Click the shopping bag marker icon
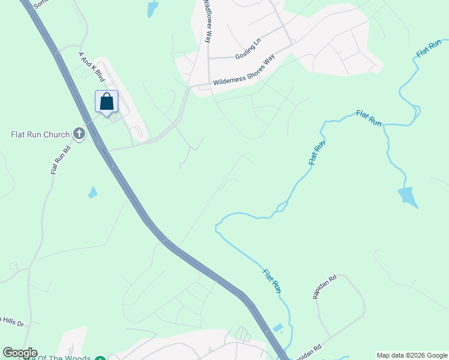point(107,102)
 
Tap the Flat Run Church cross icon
point(79,133)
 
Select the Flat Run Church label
point(40,134)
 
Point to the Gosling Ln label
point(249,49)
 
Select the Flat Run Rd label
point(61,160)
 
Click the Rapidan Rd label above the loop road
point(325,287)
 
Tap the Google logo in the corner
point(20,353)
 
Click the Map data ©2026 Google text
point(412,355)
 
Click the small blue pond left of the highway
point(92,193)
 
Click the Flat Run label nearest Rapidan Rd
point(272,281)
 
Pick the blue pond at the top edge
point(152,8)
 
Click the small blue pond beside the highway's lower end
point(277,328)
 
